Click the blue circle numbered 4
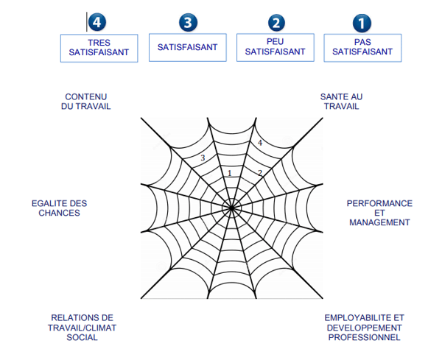pyautogui.click(x=98, y=22)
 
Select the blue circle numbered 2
pyautogui.click(x=276, y=22)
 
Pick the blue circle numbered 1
pyautogui.click(x=362, y=22)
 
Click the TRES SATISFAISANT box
pyautogui.click(x=99, y=48)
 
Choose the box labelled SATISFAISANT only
pyautogui.click(x=187, y=47)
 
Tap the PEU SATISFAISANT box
pyautogui.click(x=275, y=48)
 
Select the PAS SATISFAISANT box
pyautogui.click(x=362, y=48)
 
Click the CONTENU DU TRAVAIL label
pyautogui.click(x=87, y=102)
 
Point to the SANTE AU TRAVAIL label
pyautogui.click(x=341, y=102)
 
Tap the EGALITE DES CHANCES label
pyautogui.click(x=59, y=208)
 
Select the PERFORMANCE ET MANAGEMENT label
pyautogui.click(x=379, y=213)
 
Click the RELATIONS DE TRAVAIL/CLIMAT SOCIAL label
pyautogui.click(x=82, y=328)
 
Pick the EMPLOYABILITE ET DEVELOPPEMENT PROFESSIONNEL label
pyautogui.click(x=364, y=328)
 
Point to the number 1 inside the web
pyautogui.click(x=230, y=173)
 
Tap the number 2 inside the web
pyautogui.click(x=259, y=173)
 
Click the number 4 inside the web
pyautogui.click(x=259, y=143)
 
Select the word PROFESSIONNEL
pyautogui.click(x=364, y=338)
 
